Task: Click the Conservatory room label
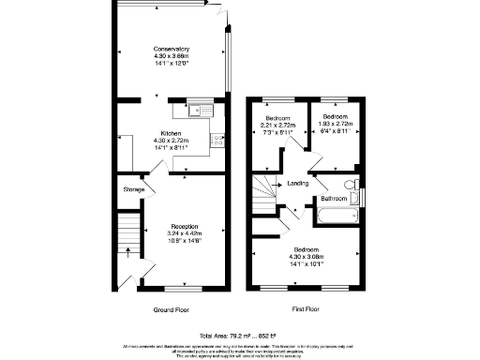pyautogui.click(x=172, y=49)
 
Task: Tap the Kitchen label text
pyautogui.click(x=171, y=133)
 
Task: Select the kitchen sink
pyautogui.click(x=200, y=111)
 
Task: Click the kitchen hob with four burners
pyautogui.click(x=217, y=142)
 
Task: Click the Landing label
pyautogui.click(x=298, y=183)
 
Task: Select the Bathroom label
pyautogui.click(x=334, y=199)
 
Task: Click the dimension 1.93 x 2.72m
pyautogui.click(x=335, y=125)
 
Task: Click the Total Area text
pyautogui.click(x=238, y=335)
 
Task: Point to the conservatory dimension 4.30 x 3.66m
pyautogui.click(x=172, y=56)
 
